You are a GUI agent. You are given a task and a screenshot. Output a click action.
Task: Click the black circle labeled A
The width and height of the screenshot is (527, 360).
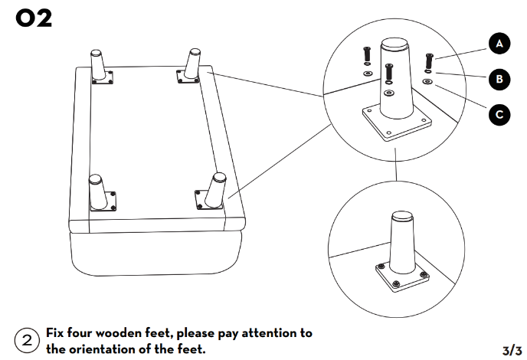[x=499, y=44]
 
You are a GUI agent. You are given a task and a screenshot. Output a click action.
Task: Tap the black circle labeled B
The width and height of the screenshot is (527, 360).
[x=499, y=79]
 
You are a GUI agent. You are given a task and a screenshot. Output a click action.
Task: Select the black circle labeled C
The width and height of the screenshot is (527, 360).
[x=499, y=116]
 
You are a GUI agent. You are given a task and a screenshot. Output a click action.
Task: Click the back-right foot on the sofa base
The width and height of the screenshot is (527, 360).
[x=190, y=65]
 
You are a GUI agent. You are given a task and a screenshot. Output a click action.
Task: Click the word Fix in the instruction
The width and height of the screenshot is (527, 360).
[x=57, y=333]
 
